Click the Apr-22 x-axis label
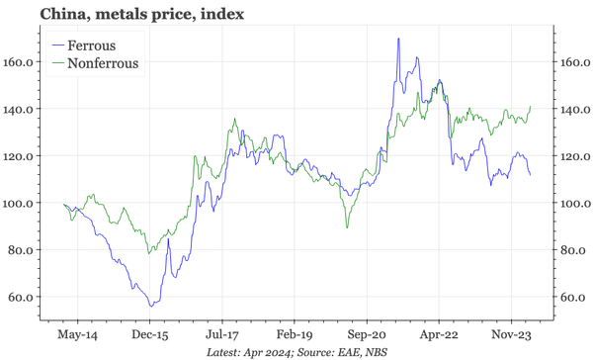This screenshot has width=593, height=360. [438, 335]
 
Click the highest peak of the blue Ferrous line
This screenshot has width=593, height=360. [398, 39]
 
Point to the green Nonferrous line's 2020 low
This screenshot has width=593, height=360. [347, 228]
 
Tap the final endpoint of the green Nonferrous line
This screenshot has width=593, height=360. [531, 106]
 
